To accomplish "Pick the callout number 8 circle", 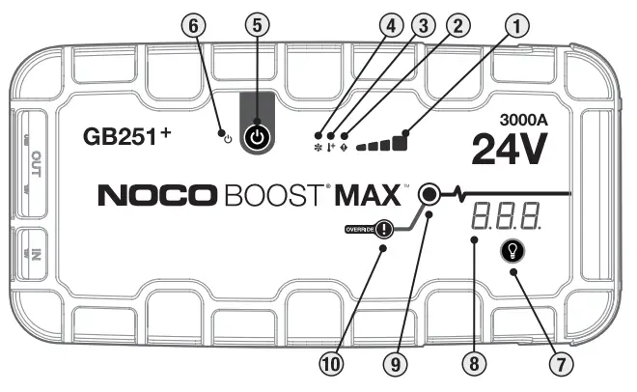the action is tap(471, 364).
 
